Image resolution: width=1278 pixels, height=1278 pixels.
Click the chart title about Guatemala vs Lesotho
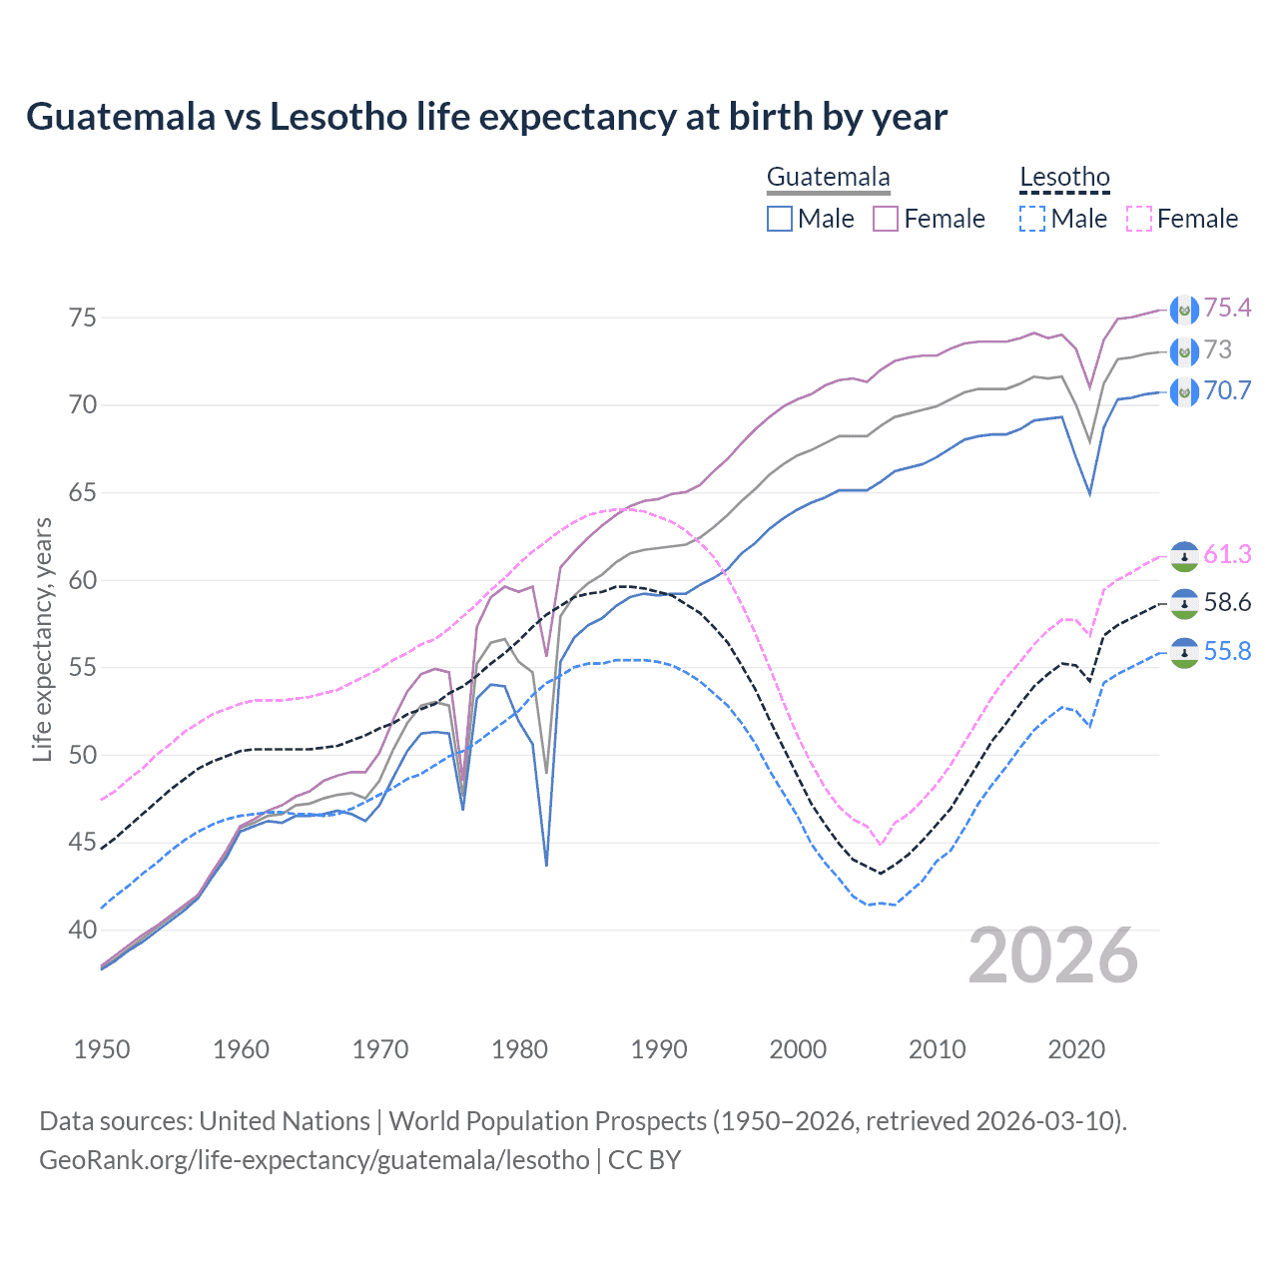(486, 117)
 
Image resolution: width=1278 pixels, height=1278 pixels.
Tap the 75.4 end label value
(1227, 308)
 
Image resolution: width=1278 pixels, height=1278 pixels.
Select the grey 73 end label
(1218, 349)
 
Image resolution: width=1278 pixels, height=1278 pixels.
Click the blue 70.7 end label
(1227, 390)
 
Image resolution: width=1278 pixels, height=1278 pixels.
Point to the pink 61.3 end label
(1227, 554)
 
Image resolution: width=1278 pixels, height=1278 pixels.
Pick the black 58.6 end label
(1227, 602)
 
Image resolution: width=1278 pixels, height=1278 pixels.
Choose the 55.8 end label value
(1227, 651)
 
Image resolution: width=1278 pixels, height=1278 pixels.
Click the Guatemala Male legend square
(780, 219)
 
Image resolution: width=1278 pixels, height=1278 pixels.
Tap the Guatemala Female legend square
(886, 219)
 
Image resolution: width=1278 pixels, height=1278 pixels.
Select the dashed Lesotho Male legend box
(1032, 219)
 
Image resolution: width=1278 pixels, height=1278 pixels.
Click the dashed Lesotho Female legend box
(1138, 219)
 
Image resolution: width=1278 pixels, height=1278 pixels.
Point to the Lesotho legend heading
(1064, 178)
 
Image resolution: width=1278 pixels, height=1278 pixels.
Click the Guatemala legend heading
(828, 178)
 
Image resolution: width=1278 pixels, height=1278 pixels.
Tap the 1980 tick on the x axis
(519, 1049)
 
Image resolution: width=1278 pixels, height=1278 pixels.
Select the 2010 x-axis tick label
(937, 1049)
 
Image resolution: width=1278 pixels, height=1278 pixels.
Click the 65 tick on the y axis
(82, 492)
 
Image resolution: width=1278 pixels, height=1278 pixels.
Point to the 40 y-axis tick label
(82, 930)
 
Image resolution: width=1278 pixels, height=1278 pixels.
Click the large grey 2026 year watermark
(1052, 956)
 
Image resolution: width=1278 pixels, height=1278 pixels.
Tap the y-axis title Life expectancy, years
(42, 639)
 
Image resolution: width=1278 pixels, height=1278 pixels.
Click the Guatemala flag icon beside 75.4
(1183, 310)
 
